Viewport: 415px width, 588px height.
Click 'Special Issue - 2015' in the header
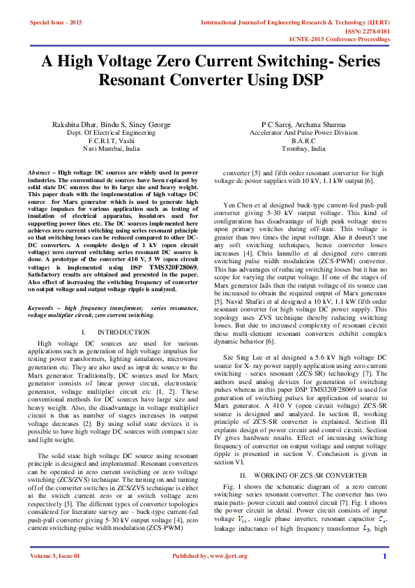click(56, 23)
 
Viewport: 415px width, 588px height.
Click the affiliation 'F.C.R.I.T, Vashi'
click(111, 140)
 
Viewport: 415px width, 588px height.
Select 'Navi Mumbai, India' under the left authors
click(111, 149)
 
